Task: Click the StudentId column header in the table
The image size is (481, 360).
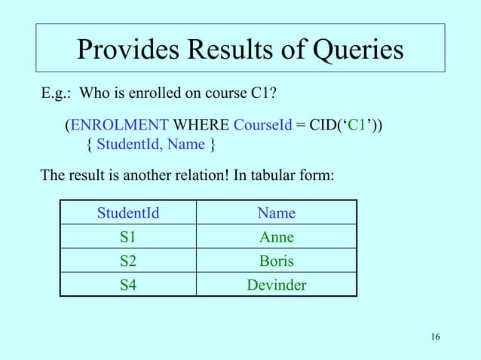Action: tap(128, 213)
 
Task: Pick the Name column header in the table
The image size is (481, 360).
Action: tap(276, 213)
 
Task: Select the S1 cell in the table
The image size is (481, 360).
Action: tap(128, 237)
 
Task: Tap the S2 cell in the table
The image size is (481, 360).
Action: tap(128, 261)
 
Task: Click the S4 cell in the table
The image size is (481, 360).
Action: tap(128, 285)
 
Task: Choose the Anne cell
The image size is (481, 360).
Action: tap(276, 237)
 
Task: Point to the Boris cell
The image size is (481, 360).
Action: tap(276, 261)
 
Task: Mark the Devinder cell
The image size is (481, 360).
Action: tap(276, 285)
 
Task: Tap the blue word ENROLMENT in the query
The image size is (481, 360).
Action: tap(120, 124)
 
